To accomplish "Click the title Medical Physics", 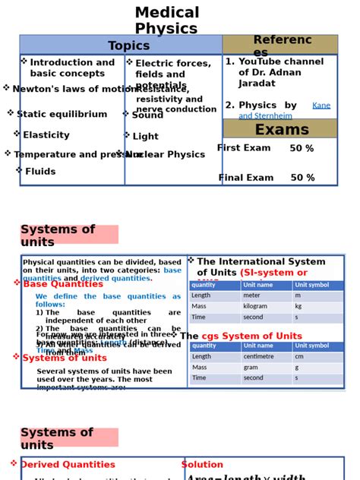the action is click(167, 21).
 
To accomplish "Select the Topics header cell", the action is click(129, 46).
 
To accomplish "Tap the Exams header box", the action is click(281, 129).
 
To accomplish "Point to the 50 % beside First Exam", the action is click(302, 149).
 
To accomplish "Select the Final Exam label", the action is click(246, 178).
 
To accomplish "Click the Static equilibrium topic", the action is click(62, 115).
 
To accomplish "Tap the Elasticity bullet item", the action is click(46, 135).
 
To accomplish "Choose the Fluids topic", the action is click(40, 172).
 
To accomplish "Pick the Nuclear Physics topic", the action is click(165, 155).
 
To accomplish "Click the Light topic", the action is click(145, 137).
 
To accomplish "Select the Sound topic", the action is click(147, 115).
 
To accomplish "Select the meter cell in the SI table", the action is click(251, 296).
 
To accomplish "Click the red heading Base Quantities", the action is click(63, 284).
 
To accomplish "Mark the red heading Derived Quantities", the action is click(68, 465).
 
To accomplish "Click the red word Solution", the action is click(202, 465).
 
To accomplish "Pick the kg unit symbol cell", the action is click(298, 307).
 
